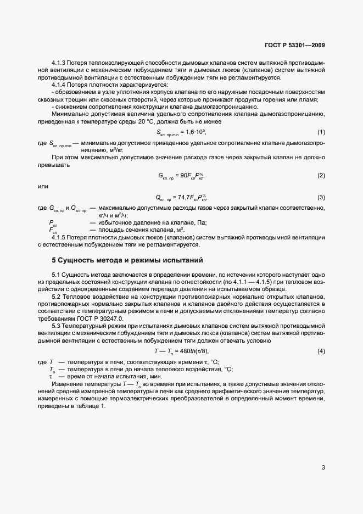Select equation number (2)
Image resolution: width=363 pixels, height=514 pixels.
pos(321,175)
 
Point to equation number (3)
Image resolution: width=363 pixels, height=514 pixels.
pos(321,197)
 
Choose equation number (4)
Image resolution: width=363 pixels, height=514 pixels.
pos(321,350)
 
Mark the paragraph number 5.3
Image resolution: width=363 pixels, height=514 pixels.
pos(57,325)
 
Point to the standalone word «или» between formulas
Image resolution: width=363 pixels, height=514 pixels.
pos(42,187)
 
